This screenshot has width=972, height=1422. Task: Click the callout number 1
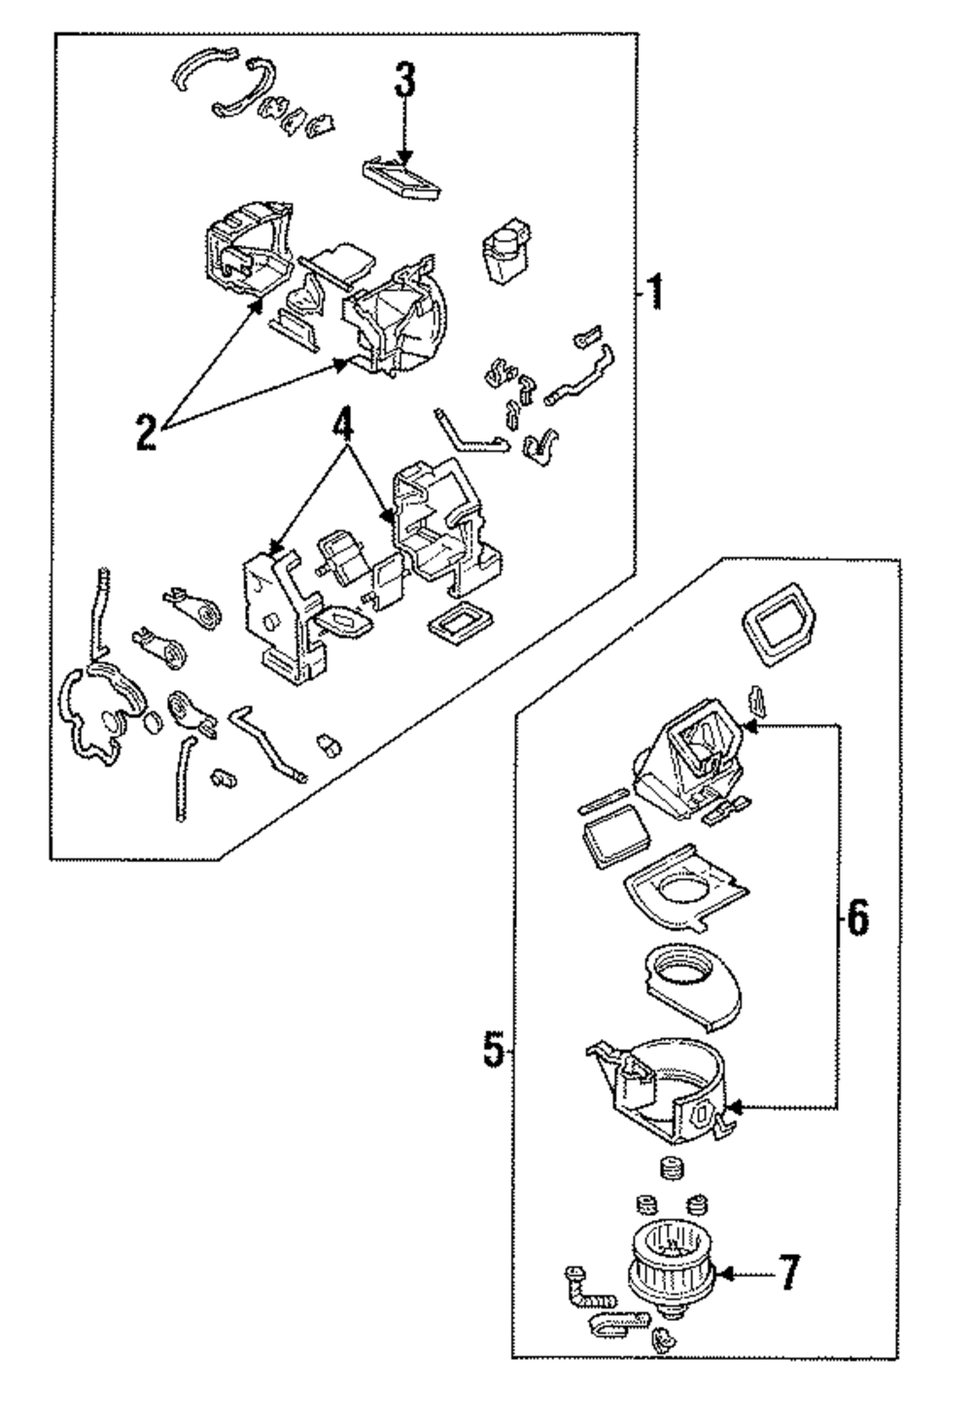pyautogui.click(x=656, y=291)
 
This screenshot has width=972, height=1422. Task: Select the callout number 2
pyautogui.click(x=145, y=432)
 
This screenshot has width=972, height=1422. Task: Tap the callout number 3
pyautogui.click(x=404, y=83)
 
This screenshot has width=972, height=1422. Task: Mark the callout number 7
pyautogui.click(x=788, y=1273)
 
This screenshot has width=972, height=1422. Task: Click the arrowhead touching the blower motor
pyautogui.click(x=728, y=1273)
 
